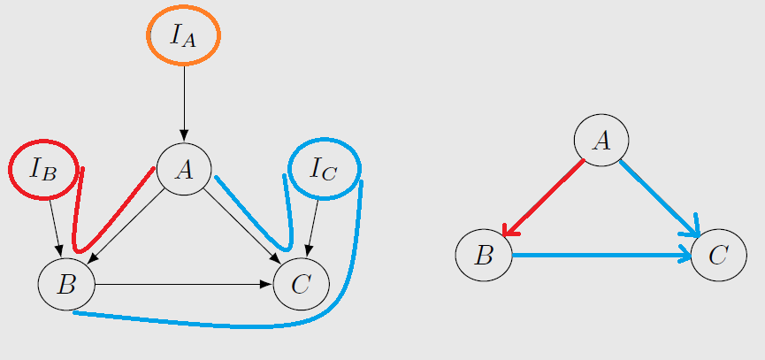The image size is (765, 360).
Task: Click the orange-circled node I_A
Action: click(x=183, y=35)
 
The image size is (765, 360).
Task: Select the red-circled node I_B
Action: click(x=43, y=169)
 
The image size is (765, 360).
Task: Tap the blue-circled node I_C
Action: click(x=325, y=169)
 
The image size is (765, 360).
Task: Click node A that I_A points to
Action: click(x=184, y=169)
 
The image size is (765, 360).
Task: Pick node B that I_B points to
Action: click(x=66, y=285)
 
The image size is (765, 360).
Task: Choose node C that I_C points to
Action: click(x=301, y=285)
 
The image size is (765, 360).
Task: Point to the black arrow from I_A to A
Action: click(x=184, y=103)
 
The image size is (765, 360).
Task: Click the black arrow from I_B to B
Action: click(x=55, y=228)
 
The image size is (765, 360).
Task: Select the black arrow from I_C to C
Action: click(x=312, y=228)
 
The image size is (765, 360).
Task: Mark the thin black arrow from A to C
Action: click(x=241, y=226)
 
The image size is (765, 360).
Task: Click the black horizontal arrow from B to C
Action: click(x=183, y=285)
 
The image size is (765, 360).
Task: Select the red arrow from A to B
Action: click(x=543, y=197)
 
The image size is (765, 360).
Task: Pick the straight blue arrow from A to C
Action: click(x=660, y=198)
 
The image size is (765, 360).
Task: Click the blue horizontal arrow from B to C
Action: click(x=601, y=255)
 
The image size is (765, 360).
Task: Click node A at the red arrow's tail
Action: click(x=601, y=141)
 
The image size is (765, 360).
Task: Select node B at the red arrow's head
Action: click(x=484, y=255)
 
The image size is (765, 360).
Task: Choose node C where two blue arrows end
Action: click(x=719, y=255)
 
